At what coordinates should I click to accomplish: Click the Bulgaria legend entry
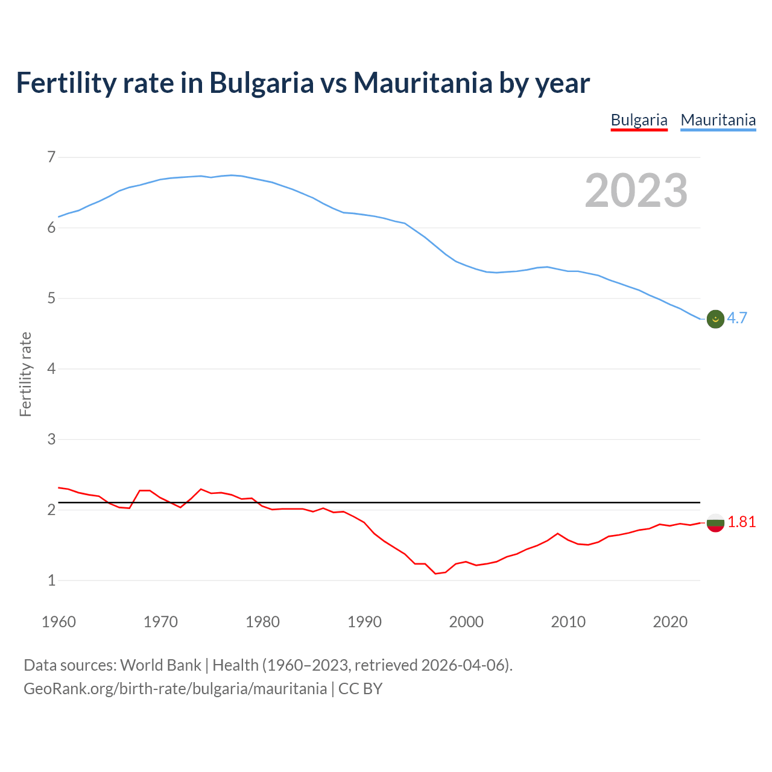pyautogui.click(x=639, y=120)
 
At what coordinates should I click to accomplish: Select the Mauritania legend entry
pyautogui.click(x=718, y=120)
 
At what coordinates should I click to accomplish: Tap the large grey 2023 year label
pyautogui.click(x=636, y=191)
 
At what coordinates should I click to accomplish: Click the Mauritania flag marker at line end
pyautogui.click(x=715, y=319)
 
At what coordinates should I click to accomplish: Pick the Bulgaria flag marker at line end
pyautogui.click(x=715, y=523)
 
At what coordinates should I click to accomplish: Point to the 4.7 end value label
pyautogui.click(x=737, y=318)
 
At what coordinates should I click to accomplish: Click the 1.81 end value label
pyautogui.click(x=741, y=522)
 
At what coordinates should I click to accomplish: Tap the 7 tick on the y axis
pyautogui.click(x=51, y=157)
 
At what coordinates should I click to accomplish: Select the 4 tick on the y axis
pyautogui.click(x=51, y=369)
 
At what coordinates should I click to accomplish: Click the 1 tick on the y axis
pyautogui.click(x=51, y=580)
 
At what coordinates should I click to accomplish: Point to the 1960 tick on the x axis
pyautogui.click(x=59, y=622)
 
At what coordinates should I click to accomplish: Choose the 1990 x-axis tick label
pyautogui.click(x=364, y=622)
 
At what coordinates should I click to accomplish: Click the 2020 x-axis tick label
pyautogui.click(x=670, y=622)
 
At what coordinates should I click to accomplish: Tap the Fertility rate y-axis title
pyautogui.click(x=25, y=374)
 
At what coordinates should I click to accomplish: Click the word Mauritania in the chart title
pyautogui.click(x=423, y=83)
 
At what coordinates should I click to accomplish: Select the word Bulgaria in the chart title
pyautogui.click(x=261, y=83)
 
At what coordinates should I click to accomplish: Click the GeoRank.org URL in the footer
pyautogui.click(x=175, y=689)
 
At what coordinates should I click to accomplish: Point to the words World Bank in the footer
pyautogui.click(x=160, y=665)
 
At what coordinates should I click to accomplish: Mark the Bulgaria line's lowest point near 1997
pyautogui.click(x=435, y=574)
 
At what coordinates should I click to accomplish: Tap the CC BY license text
pyautogui.click(x=360, y=689)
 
